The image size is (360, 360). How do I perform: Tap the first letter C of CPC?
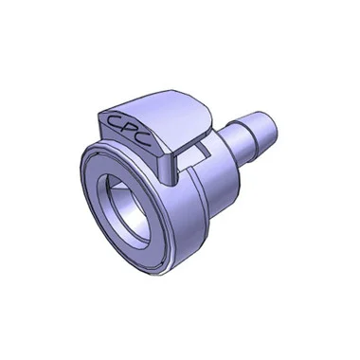(x=113, y=120)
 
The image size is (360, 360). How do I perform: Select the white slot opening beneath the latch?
(x=192, y=154)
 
